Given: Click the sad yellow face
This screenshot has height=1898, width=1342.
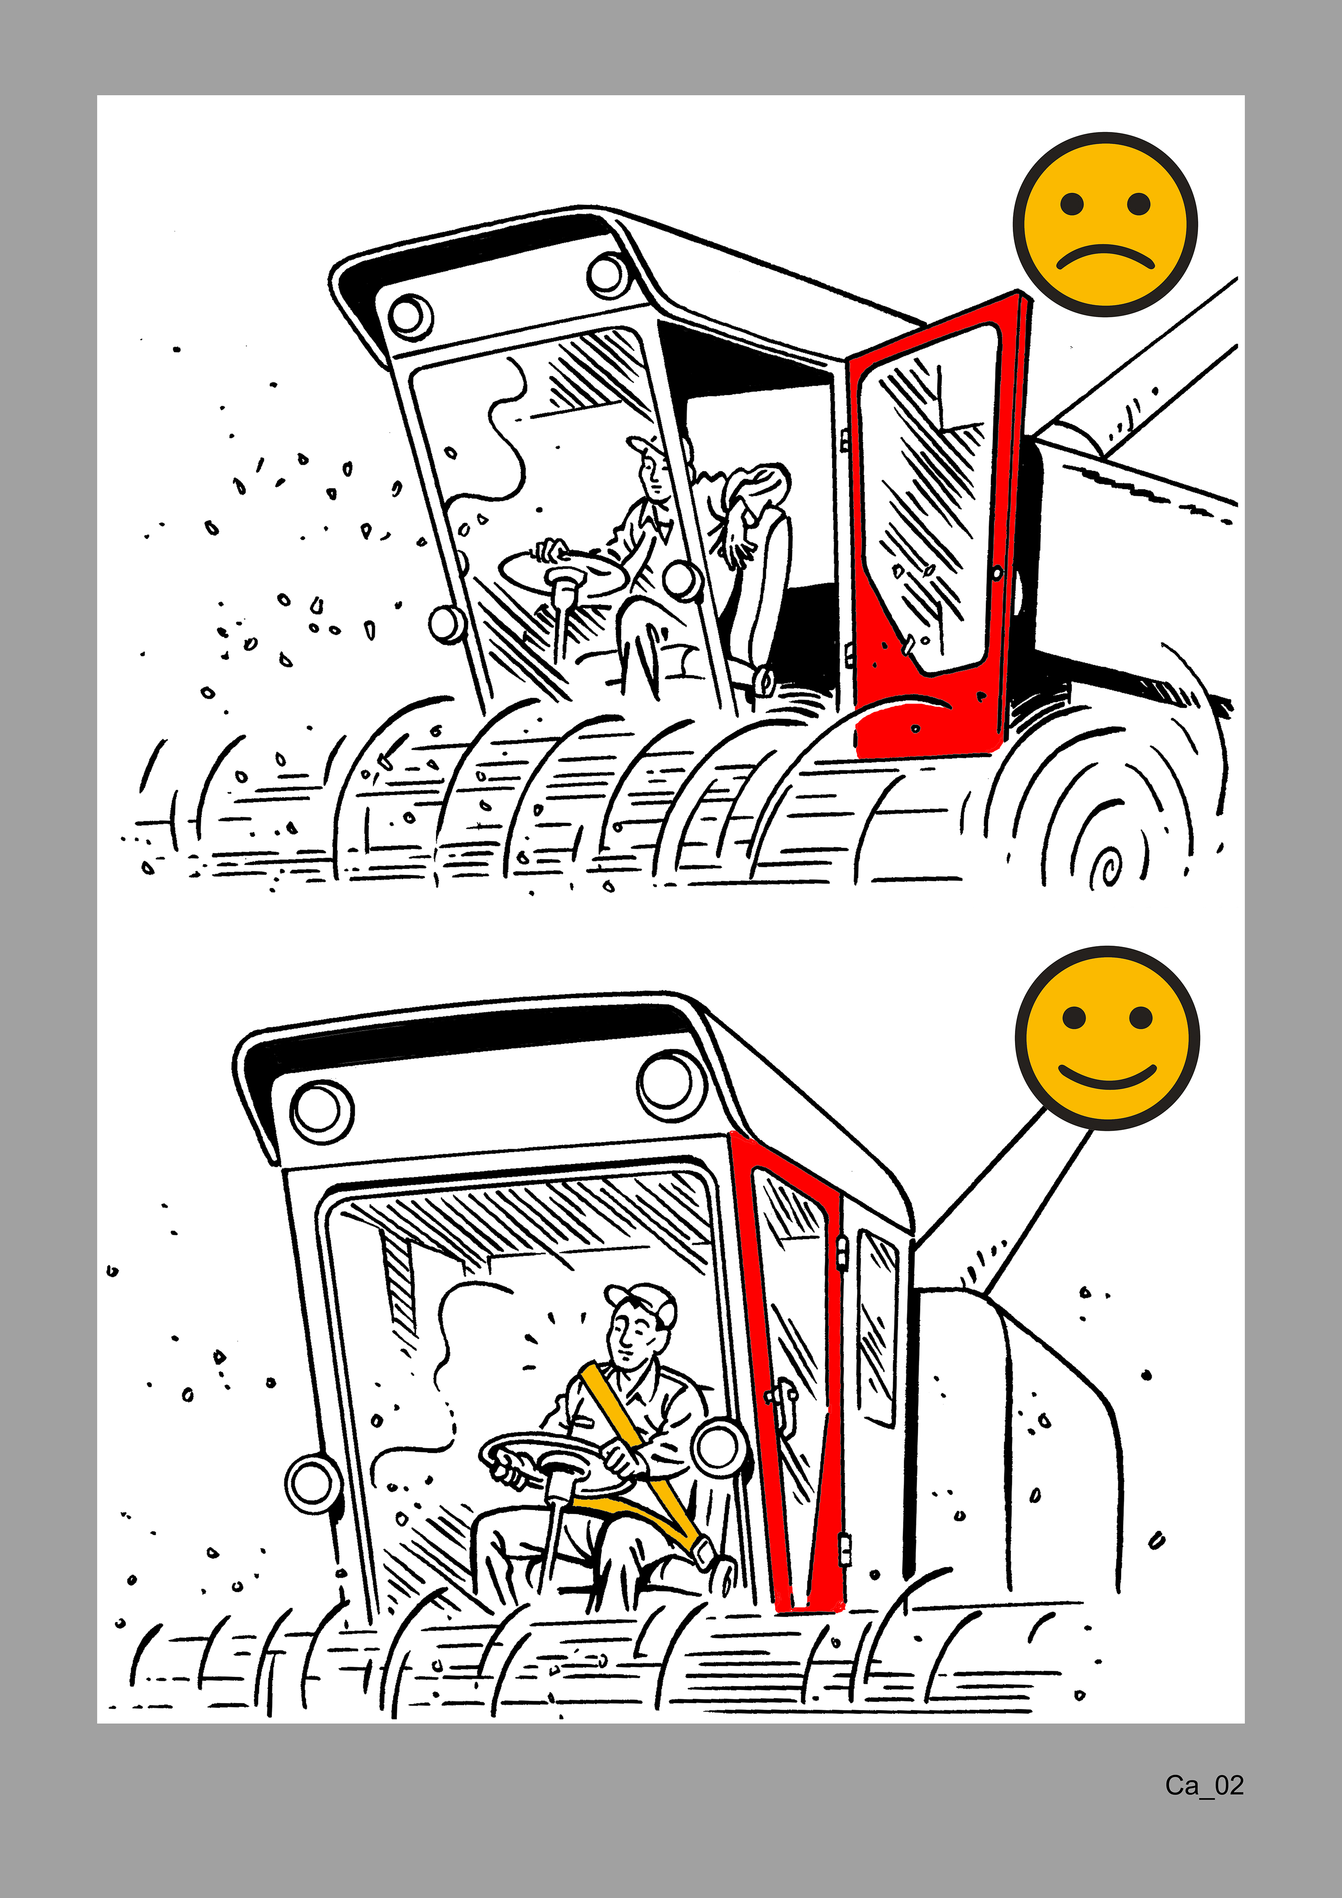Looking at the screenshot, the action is tap(1105, 224).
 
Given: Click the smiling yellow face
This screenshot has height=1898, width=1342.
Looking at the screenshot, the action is tap(1107, 1038).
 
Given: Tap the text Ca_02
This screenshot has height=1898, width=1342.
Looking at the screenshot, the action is tap(1204, 1786).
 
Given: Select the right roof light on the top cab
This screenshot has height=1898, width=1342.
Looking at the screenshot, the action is tap(608, 275).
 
